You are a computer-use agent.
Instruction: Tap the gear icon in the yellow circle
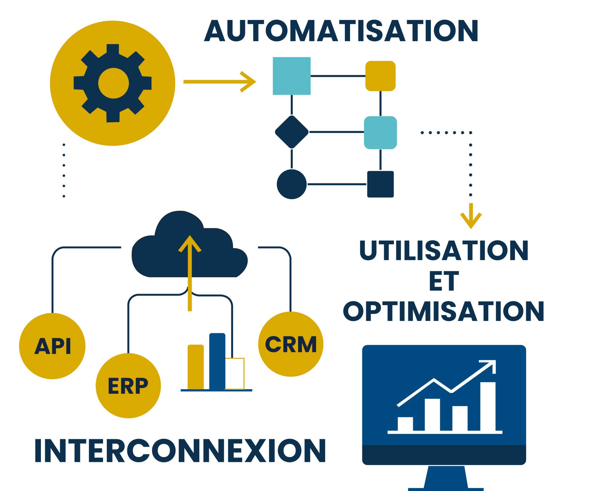pyautogui.click(x=113, y=83)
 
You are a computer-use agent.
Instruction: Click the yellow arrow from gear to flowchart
pyautogui.click(x=219, y=82)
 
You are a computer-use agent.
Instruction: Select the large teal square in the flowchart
pyautogui.click(x=291, y=76)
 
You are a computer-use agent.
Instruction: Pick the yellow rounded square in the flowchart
pyautogui.click(x=380, y=76)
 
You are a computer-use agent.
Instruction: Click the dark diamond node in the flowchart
pyautogui.click(x=291, y=132)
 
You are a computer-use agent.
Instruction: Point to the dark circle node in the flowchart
pyautogui.click(x=291, y=184)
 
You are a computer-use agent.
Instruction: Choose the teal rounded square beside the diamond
pyautogui.click(x=380, y=132)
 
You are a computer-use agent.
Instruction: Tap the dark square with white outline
pyautogui.click(x=380, y=184)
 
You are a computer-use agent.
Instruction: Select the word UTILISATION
pyautogui.click(x=444, y=251)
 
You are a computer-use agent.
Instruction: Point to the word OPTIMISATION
pyautogui.click(x=444, y=311)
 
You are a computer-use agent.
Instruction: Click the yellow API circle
pyautogui.click(x=52, y=346)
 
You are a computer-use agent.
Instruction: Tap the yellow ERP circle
pyautogui.click(x=128, y=385)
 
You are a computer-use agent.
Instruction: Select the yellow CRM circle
pyautogui.click(x=290, y=344)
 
